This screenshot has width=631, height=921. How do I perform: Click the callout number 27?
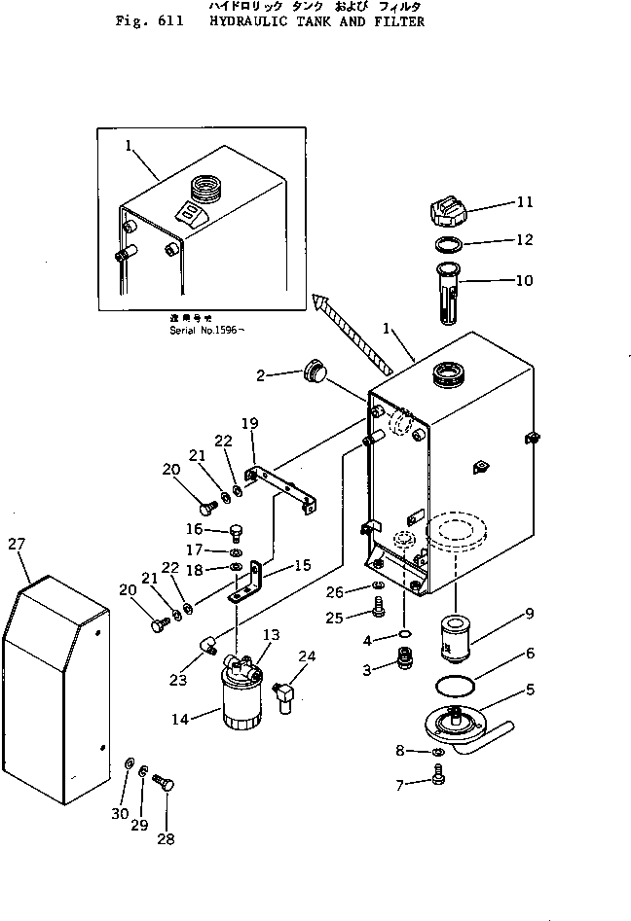pyautogui.click(x=15, y=545)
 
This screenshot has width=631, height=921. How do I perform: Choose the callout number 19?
pyautogui.click(x=249, y=424)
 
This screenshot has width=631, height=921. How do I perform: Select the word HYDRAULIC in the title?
pyautogui.click(x=256, y=20)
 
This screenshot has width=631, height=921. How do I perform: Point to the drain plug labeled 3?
pyautogui.click(x=397, y=667)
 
